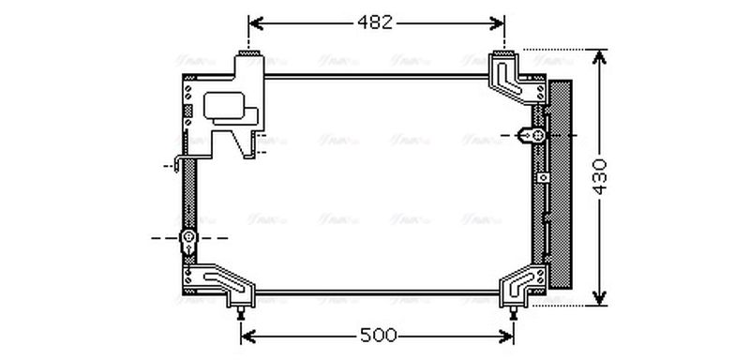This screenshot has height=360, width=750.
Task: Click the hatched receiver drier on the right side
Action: tap(561, 183)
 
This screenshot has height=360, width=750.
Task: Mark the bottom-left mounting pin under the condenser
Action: tap(243, 309)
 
